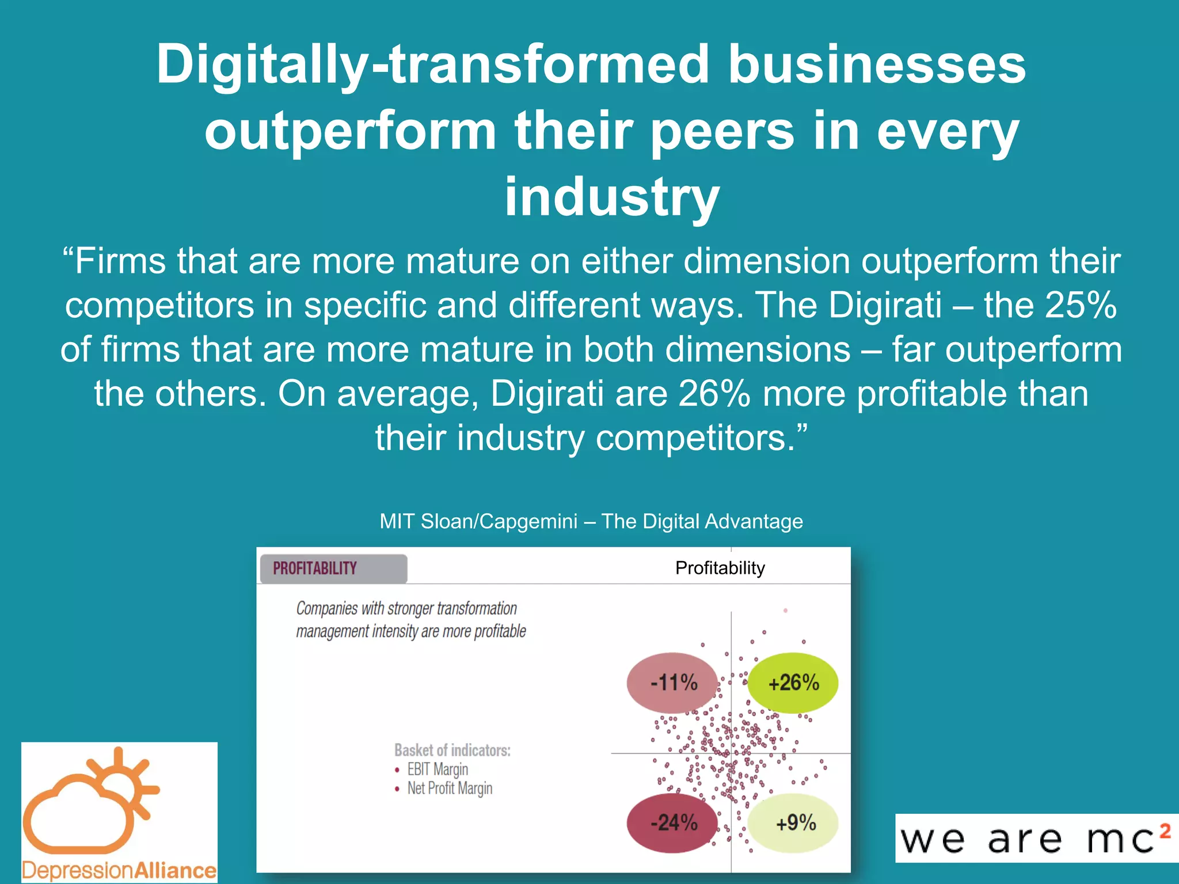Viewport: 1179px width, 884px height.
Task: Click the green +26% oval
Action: pyautogui.click(x=793, y=683)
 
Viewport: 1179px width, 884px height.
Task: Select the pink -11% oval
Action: pyautogui.click(x=672, y=683)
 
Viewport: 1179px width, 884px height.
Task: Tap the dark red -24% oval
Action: pyautogui.click(x=672, y=822)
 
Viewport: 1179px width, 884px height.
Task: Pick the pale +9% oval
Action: pyautogui.click(x=794, y=823)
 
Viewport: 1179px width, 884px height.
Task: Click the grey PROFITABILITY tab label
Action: pyautogui.click(x=315, y=569)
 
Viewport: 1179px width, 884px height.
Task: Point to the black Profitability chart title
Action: pyautogui.click(x=720, y=568)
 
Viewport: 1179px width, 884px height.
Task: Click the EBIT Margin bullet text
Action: pyautogui.click(x=438, y=769)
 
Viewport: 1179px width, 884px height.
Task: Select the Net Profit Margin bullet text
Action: pyautogui.click(x=450, y=788)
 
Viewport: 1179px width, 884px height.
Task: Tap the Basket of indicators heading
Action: pyautogui.click(x=452, y=750)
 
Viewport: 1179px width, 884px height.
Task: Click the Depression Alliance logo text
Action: pyautogui.click(x=119, y=870)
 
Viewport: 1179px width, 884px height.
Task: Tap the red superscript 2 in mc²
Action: pyautogui.click(x=1165, y=831)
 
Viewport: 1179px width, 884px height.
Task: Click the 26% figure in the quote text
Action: pyautogui.click(x=714, y=394)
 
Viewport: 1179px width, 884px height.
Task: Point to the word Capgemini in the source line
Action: pyautogui.click(x=528, y=521)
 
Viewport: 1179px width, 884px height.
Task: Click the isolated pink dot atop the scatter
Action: pyautogui.click(x=785, y=611)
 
